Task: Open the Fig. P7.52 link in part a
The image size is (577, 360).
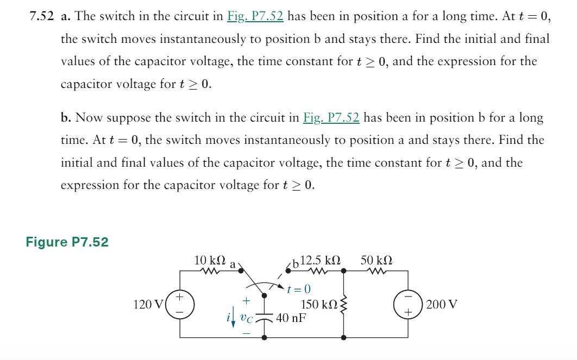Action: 255,16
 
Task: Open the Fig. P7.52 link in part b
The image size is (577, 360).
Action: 331,118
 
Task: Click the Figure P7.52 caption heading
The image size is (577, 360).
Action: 67,242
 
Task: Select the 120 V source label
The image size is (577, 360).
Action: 146,305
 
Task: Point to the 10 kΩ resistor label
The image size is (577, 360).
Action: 208,260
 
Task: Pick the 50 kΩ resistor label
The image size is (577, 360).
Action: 377,260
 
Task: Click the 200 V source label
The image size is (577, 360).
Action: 442,305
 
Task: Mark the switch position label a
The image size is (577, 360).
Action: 233,265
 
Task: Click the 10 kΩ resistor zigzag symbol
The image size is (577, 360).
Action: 209,271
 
